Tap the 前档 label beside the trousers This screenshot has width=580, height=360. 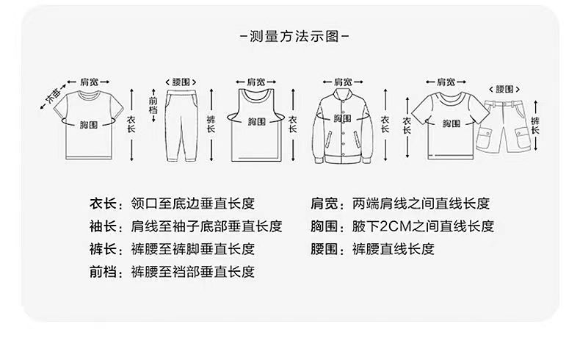153,104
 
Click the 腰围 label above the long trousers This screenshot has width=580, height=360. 181,82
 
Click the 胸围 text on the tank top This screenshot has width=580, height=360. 255,121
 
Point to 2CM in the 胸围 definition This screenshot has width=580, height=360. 397,226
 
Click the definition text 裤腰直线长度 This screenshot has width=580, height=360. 393,249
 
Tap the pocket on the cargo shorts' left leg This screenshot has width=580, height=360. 484,137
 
